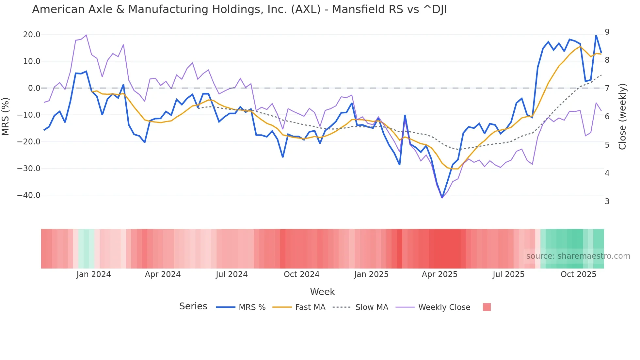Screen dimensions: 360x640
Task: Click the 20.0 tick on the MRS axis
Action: [31, 35]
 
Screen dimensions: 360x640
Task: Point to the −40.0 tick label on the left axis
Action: [29, 195]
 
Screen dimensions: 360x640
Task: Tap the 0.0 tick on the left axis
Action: [34, 88]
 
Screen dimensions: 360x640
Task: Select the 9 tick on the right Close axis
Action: [607, 32]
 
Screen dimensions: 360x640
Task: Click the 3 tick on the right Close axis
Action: [607, 202]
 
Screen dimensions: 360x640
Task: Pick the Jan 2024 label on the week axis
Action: [93, 274]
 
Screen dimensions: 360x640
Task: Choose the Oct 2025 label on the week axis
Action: [578, 274]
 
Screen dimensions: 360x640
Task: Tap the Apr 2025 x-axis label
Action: [440, 274]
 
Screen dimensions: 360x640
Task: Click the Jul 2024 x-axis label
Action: [232, 274]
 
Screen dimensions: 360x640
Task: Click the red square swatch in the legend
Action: [487, 307]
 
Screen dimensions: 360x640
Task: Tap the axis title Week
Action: [322, 292]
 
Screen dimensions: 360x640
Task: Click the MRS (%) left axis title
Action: [6, 116]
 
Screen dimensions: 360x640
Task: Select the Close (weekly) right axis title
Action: [622, 116]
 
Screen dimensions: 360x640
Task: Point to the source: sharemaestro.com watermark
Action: [578, 256]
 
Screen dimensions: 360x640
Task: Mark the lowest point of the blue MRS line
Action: [442, 198]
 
